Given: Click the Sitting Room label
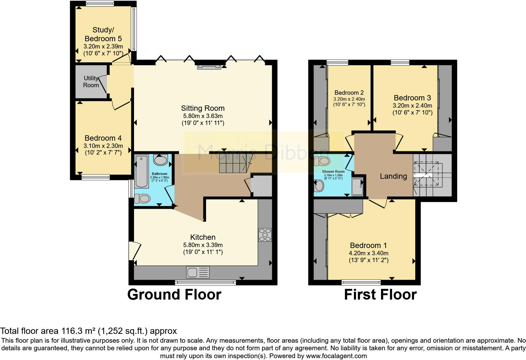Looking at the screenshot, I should click(x=203, y=108).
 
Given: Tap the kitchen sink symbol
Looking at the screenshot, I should click(x=198, y=273).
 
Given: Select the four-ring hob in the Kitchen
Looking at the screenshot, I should click(x=265, y=235).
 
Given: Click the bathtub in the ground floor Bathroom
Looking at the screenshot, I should click(x=139, y=172).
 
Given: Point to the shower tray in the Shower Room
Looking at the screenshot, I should click(x=357, y=187).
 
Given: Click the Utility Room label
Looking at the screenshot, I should click(x=91, y=82).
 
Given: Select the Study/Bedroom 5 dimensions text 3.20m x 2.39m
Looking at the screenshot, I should click(x=103, y=46).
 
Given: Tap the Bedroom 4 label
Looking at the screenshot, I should click(x=103, y=138).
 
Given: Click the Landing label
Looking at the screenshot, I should click(x=393, y=176).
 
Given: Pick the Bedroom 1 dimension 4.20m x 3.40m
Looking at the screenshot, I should click(x=368, y=253).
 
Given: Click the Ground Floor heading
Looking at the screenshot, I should click(x=174, y=295).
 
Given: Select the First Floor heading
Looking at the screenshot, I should click(x=380, y=295).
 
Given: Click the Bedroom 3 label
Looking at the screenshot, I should click(x=412, y=98).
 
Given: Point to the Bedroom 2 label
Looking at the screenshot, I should click(x=349, y=93).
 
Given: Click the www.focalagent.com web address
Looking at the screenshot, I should click(x=336, y=356).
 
